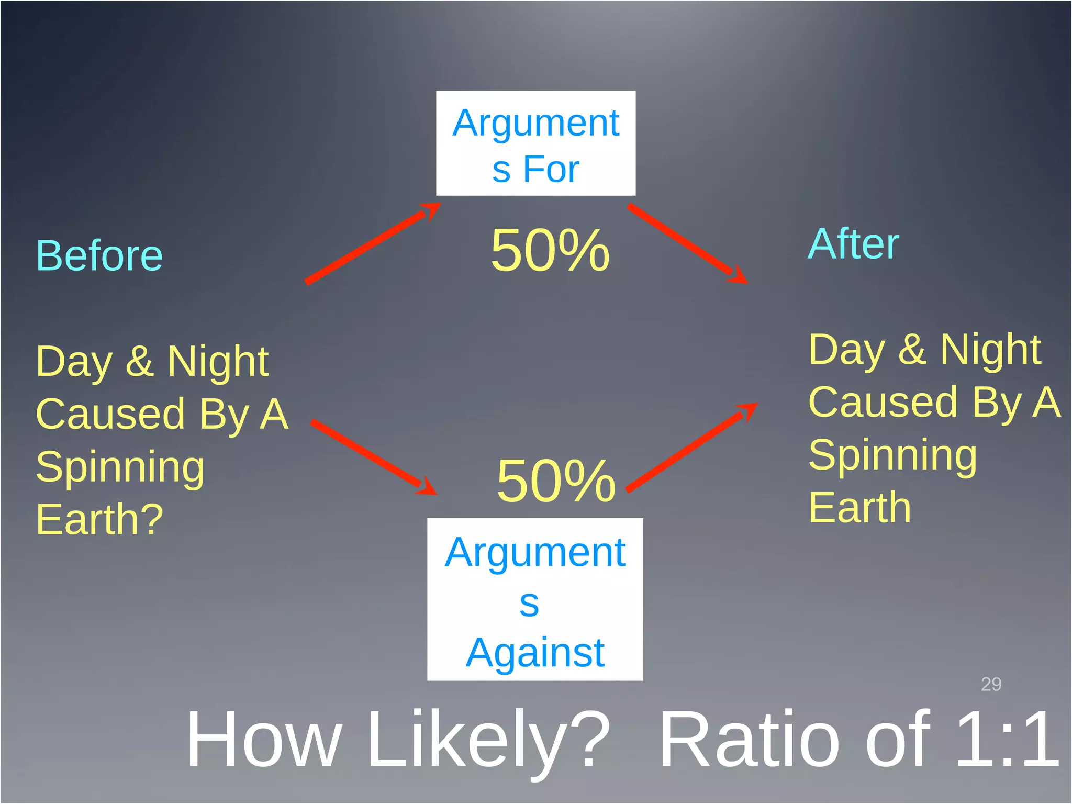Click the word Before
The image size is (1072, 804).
point(99,256)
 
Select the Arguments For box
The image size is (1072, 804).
point(535,143)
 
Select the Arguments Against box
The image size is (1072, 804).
point(535,599)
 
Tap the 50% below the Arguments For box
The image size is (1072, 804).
point(550,251)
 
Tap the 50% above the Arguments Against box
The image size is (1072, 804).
point(556,481)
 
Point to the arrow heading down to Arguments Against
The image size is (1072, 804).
point(373,456)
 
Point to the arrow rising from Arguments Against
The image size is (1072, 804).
point(691,448)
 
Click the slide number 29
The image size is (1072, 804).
point(991,684)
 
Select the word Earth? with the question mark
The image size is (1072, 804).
point(99,519)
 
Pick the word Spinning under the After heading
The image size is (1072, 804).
point(892,455)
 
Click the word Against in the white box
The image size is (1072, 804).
point(535,653)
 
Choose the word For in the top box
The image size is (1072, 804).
point(551,169)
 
